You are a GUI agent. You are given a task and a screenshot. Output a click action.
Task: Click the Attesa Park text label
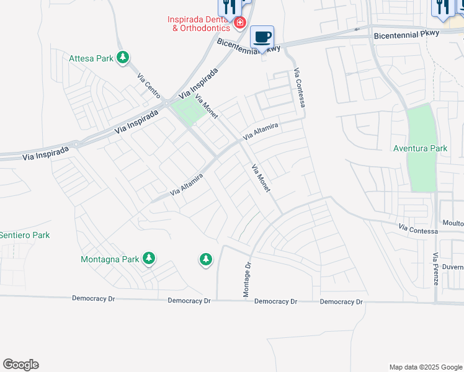tap(91, 58)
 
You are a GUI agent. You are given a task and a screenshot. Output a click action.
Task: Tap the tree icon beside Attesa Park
tap(123, 58)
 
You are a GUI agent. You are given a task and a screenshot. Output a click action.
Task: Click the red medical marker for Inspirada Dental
tap(239, 24)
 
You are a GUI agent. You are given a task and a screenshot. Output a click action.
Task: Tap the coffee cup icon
tap(262, 37)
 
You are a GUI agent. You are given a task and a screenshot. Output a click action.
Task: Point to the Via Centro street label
tap(149, 85)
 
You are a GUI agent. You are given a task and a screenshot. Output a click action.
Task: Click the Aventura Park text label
tap(420, 148)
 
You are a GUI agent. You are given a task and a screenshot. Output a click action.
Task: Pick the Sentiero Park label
tap(24, 235)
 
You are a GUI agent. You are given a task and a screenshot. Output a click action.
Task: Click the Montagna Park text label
tap(110, 259)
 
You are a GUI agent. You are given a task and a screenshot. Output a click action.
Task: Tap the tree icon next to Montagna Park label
tap(148, 258)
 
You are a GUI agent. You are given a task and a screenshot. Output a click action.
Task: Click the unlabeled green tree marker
tap(206, 259)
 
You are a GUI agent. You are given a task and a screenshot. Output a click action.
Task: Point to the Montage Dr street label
tap(247, 280)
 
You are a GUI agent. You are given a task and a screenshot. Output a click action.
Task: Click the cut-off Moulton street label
tap(452, 223)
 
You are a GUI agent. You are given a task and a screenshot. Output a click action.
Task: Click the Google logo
tap(20, 365)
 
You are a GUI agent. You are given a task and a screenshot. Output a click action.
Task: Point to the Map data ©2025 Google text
tap(425, 367)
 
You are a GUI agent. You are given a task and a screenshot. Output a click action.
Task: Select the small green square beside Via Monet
tap(189, 111)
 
